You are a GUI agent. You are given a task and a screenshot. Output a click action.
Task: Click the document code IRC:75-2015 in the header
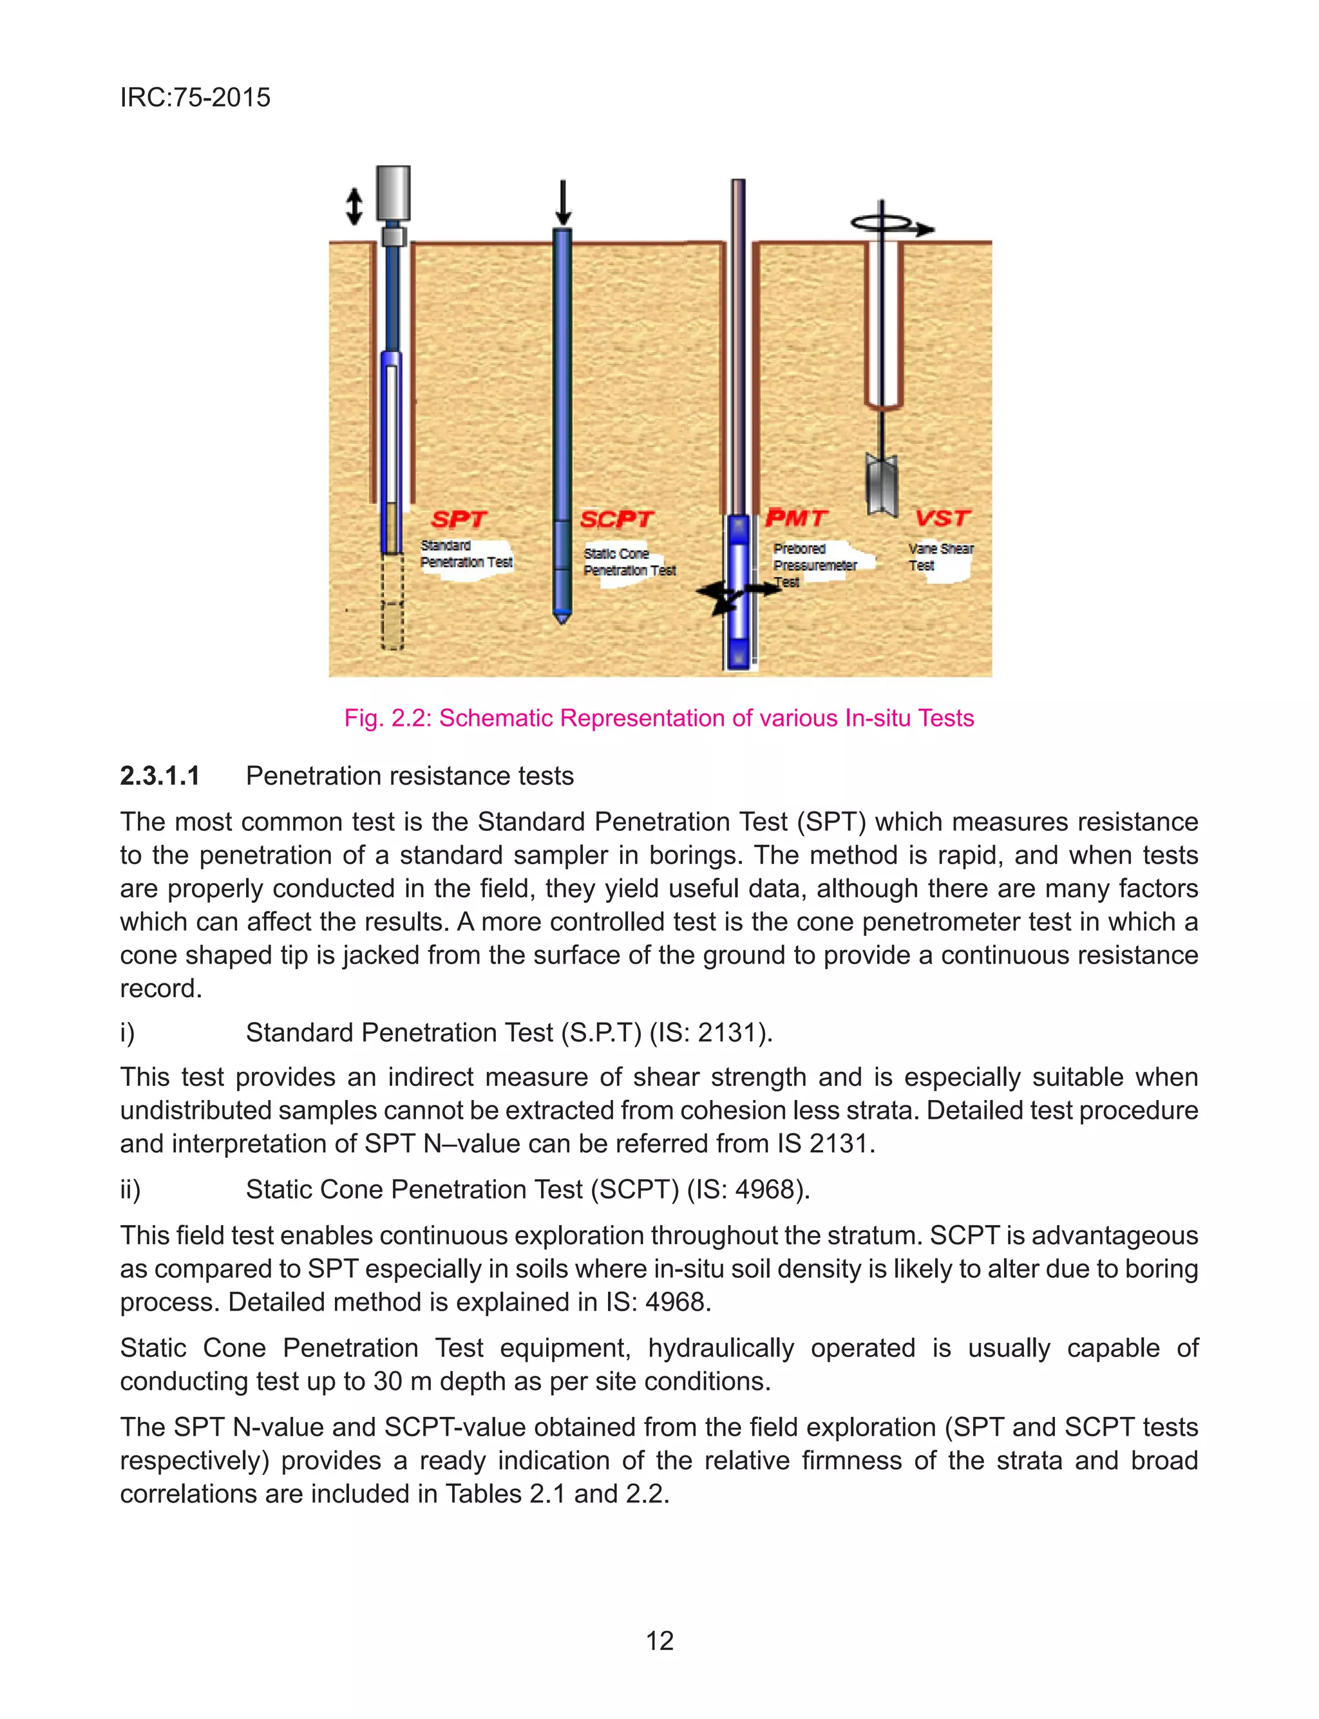point(195,97)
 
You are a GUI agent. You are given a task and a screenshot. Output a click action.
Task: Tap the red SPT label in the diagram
point(459,520)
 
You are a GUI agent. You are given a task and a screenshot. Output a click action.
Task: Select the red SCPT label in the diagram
point(616,520)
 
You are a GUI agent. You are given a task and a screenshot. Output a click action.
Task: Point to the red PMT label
point(795,518)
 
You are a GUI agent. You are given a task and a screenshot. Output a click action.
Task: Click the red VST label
point(942,518)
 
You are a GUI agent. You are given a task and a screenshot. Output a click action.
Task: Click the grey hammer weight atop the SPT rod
point(393,193)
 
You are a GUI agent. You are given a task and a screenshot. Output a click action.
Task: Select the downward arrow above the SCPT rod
point(562,202)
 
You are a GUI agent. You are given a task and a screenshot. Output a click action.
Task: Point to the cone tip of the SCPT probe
point(562,617)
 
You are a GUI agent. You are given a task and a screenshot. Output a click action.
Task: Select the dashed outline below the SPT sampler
point(392,603)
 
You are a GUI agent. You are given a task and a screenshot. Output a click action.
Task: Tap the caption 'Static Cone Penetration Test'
point(628,562)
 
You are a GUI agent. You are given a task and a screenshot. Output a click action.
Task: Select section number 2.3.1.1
point(159,776)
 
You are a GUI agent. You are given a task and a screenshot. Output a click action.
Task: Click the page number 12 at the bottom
point(659,1640)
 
